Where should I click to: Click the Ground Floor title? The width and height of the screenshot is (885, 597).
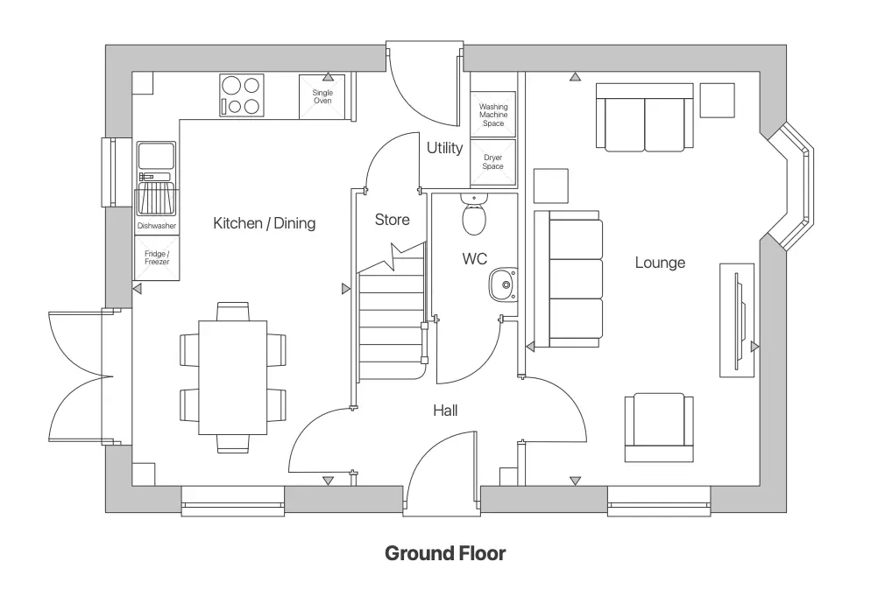(445, 553)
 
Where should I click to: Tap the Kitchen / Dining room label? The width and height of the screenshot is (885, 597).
(264, 223)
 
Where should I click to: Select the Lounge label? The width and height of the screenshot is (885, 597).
(660, 263)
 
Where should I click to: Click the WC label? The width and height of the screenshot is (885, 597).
(474, 259)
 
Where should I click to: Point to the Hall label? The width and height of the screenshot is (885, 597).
(445, 410)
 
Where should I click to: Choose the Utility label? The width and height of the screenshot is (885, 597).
(444, 148)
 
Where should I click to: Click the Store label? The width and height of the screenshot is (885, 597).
(392, 220)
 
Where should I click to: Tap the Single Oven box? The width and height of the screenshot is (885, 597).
(322, 97)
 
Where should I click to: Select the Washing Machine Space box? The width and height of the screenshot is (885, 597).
(493, 115)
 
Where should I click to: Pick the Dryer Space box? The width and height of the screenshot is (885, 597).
(493, 163)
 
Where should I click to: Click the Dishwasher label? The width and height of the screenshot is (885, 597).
(157, 226)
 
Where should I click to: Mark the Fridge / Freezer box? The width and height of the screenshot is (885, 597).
(157, 257)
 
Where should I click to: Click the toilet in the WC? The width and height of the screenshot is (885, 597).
(474, 215)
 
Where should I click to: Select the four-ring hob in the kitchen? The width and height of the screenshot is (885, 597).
(242, 95)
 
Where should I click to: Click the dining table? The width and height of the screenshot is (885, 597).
(232, 377)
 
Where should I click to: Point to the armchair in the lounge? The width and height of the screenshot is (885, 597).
(659, 426)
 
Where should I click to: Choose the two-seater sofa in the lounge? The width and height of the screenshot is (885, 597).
(645, 116)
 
